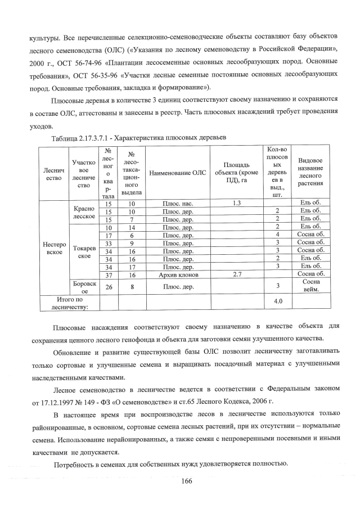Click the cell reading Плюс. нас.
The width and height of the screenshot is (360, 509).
pos(178,203)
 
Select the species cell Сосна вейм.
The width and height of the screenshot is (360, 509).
pos(314,285)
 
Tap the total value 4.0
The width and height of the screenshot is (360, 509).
pos(277,301)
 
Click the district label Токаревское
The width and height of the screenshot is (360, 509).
pos(83,251)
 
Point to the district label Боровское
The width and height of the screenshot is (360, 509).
pos(83,287)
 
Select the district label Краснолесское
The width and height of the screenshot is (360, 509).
pos(83,211)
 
